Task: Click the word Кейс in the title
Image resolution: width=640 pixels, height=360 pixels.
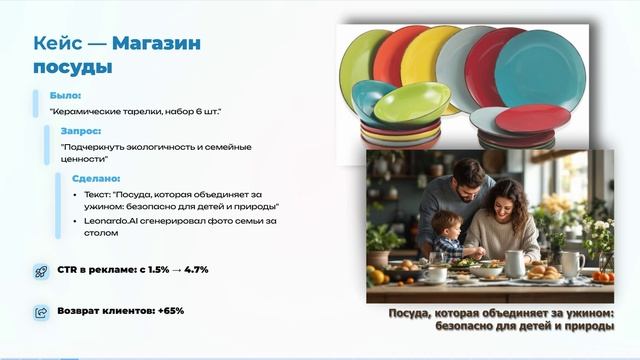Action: (56, 44)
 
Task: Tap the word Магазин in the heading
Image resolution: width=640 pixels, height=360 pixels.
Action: (156, 44)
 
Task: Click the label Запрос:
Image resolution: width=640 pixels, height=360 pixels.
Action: (80, 130)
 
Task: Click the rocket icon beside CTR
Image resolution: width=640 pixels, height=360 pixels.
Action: (41, 271)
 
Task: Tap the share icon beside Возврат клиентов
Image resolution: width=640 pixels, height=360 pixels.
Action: (41, 312)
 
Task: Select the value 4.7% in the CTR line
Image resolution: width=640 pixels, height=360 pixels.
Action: (194, 271)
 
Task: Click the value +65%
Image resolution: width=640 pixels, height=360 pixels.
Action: (170, 311)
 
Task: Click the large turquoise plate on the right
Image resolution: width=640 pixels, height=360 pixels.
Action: (540, 70)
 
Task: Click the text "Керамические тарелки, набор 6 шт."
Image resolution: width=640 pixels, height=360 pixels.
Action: (136, 111)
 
